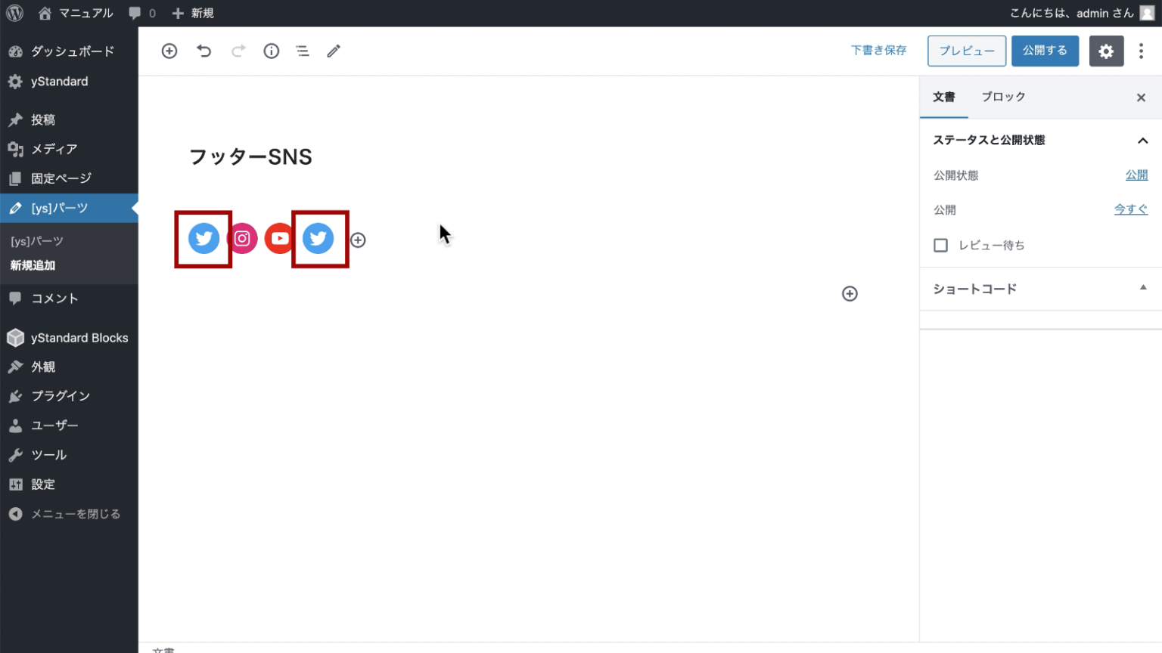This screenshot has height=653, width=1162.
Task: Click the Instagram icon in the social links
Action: (242, 239)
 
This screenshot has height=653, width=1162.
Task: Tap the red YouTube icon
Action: (279, 239)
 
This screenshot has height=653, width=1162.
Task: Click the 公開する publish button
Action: (1045, 51)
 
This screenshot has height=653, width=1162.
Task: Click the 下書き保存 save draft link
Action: (878, 51)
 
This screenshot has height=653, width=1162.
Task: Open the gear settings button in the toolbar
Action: (1106, 51)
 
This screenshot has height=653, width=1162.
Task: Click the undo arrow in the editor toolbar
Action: (204, 51)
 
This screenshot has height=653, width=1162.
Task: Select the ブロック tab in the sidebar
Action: (1003, 97)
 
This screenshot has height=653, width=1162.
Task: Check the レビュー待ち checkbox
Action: (940, 245)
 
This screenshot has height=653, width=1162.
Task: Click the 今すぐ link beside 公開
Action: (1130, 209)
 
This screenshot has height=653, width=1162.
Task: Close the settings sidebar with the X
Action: (1141, 97)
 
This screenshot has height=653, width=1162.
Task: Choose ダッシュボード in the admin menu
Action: (72, 51)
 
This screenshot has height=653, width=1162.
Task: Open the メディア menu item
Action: (54, 149)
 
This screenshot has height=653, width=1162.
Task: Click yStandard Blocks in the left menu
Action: (79, 338)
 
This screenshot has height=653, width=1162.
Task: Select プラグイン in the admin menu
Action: (60, 396)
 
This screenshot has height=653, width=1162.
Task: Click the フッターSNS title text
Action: (250, 156)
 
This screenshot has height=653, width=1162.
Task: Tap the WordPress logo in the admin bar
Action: (15, 13)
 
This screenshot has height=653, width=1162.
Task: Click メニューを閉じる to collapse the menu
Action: (75, 514)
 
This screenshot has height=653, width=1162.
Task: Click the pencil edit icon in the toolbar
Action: (334, 51)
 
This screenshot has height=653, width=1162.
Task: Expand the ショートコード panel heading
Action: (974, 289)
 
